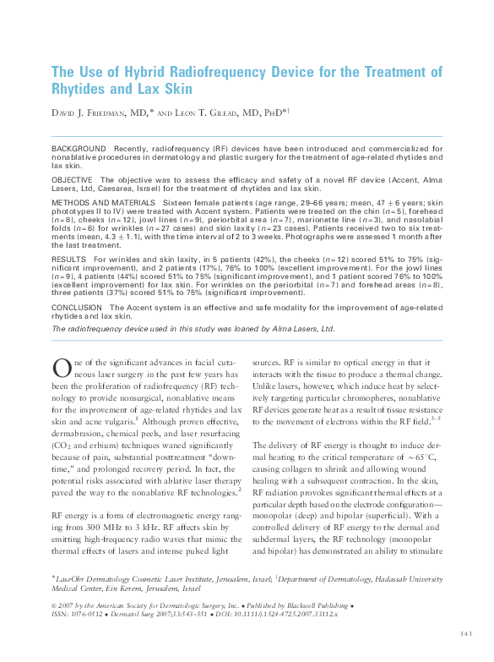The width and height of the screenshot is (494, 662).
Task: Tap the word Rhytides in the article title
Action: pos(82,89)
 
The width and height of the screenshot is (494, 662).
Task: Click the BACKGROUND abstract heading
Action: pos(79,148)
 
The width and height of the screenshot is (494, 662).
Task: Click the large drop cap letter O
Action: pos(60,369)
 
